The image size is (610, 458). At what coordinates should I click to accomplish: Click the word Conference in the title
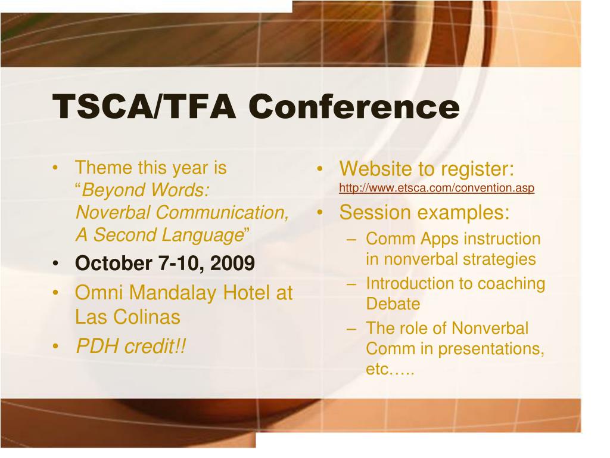[x=354, y=106]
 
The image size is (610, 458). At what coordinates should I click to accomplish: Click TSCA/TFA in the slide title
[x=144, y=106]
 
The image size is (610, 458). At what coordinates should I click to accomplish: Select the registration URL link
[x=437, y=188]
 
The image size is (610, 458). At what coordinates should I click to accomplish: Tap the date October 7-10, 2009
[x=165, y=263]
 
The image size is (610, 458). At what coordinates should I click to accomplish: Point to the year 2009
[x=233, y=263]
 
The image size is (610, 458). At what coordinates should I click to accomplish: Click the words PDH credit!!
[x=130, y=346]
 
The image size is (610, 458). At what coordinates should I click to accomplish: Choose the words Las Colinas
[x=127, y=317]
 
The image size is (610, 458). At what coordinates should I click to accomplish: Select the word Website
[x=376, y=169]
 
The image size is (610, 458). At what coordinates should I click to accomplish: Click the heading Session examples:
[x=424, y=213]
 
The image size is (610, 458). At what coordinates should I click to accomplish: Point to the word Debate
[x=393, y=304]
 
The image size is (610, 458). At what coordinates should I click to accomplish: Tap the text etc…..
[x=390, y=369]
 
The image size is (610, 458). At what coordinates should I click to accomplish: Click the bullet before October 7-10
[x=55, y=264]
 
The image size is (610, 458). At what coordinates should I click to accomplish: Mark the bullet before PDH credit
[x=55, y=346]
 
